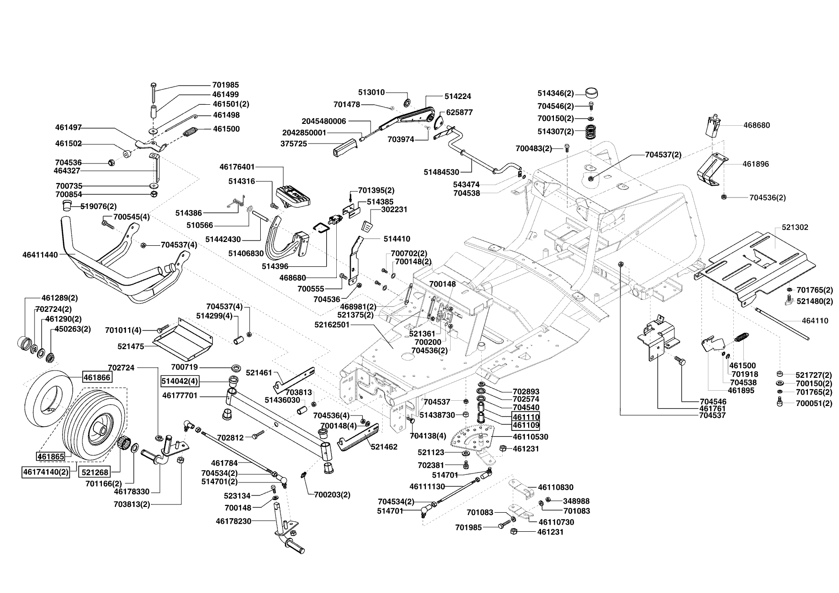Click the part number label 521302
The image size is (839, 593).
[x=795, y=227]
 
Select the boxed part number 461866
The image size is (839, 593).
[x=97, y=378]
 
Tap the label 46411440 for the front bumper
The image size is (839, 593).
[x=40, y=255]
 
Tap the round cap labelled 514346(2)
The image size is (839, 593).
[x=592, y=93]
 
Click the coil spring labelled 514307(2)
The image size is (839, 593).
[x=592, y=132]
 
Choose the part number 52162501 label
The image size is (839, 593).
[x=345, y=324]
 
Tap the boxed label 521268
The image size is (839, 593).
[x=95, y=472]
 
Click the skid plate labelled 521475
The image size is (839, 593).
[x=183, y=339]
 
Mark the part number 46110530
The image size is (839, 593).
[x=530, y=437]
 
